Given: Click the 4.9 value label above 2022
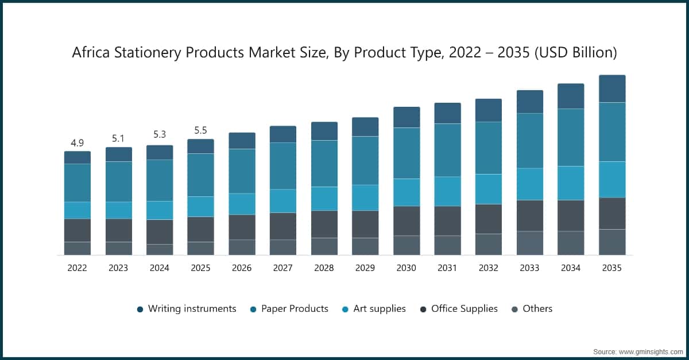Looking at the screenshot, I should tap(77, 142).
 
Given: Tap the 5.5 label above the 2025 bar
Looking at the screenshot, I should tap(200, 130).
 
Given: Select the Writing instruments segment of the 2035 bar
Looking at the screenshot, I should tap(611, 88).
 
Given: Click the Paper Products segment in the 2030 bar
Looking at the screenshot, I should tap(407, 153).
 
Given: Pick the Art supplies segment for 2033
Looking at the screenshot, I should tap(530, 184).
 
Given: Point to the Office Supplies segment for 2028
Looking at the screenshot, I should tap(324, 224).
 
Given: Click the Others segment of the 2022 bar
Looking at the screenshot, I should tap(77, 248).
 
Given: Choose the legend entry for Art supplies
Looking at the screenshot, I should tap(379, 309).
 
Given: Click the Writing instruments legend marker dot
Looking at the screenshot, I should tap(140, 309).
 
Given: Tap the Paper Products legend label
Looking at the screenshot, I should tap(295, 309).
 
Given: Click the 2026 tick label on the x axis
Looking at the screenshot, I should tap(242, 268).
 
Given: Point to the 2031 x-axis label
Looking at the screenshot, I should tap(447, 268).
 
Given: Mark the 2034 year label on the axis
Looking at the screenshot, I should tap(571, 268).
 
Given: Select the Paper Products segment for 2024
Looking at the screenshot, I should tap(160, 180).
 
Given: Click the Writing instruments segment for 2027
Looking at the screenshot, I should tap(283, 134).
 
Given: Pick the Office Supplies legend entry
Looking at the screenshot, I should tap(464, 309).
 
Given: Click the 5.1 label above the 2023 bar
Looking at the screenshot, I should tap(118, 138).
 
